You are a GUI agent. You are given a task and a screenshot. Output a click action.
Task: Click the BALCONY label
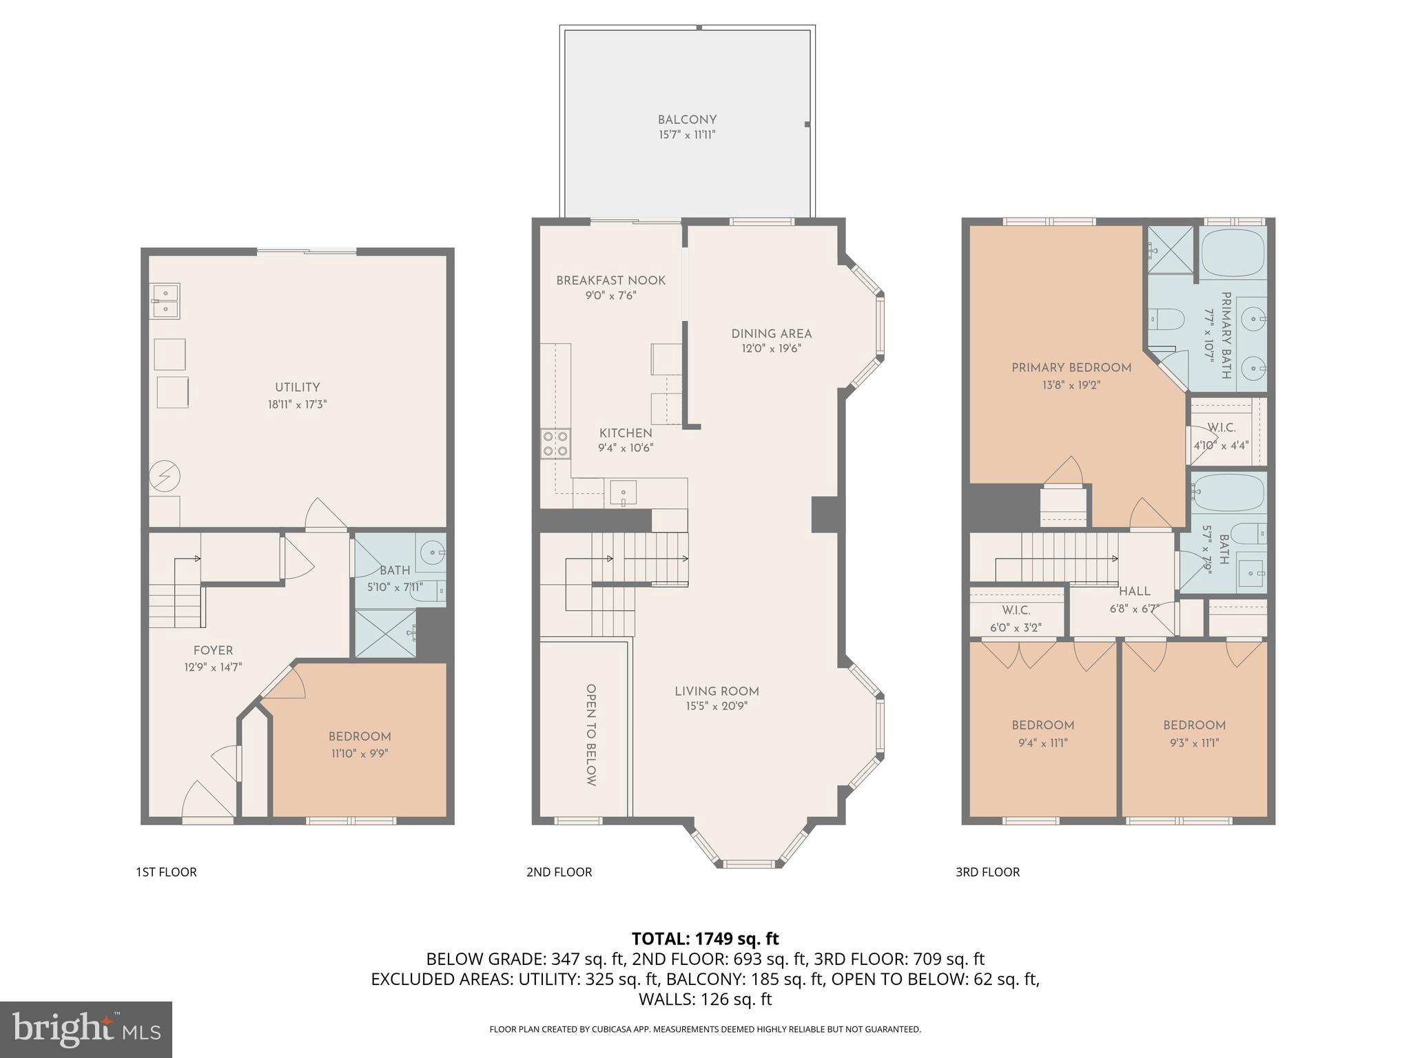pos(687,120)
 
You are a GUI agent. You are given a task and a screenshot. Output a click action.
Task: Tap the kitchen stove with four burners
pos(555,443)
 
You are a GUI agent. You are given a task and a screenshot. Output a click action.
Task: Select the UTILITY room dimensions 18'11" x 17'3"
pos(297,404)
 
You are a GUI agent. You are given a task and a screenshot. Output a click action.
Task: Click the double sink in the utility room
pos(165,302)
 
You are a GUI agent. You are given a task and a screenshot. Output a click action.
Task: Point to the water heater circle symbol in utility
pos(165,476)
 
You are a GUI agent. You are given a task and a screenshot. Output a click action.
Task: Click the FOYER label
pos(213,650)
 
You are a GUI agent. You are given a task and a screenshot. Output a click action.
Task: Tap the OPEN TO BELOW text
pos(590,735)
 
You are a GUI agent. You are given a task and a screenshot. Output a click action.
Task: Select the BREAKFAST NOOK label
pos(610,280)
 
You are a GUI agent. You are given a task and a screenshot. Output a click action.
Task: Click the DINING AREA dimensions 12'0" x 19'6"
pos(771,349)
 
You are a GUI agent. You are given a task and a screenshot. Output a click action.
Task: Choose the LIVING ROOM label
pos(717,691)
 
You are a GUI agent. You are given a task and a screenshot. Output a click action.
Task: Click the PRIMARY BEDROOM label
pos(1071,368)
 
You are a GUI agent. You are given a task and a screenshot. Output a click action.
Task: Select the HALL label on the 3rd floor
pos(1134,591)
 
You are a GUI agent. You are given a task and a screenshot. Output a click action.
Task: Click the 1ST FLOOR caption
pos(166,872)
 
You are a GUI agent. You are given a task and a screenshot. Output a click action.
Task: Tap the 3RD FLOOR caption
pos(987,872)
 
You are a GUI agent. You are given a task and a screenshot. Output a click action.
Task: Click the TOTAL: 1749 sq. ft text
pos(705,938)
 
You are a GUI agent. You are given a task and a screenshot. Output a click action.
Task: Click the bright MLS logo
pos(86,1029)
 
